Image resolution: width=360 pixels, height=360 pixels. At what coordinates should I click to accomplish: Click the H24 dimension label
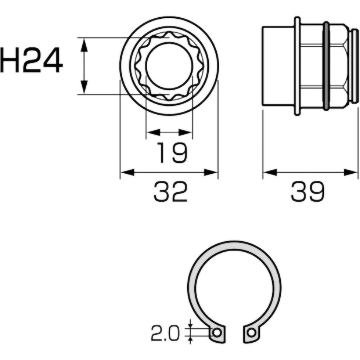pyautogui.click(x=31, y=61)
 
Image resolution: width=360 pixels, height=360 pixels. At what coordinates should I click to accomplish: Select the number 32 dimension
pyautogui.click(x=170, y=192)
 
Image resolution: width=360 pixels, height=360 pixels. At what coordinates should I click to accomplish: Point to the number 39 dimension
pyautogui.click(x=308, y=192)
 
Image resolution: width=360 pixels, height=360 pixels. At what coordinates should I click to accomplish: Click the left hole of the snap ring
pyautogui.click(x=217, y=332)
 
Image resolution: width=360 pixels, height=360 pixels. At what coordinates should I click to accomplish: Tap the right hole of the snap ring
pyautogui.click(x=252, y=332)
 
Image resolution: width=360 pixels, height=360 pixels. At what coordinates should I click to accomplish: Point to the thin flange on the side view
pyautogui.click(x=297, y=66)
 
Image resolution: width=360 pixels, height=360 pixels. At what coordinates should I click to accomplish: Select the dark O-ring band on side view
pyautogui.click(x=326, y=66)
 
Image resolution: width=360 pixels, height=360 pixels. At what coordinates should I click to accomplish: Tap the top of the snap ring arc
pyautogui.click(x=234, y=244)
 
